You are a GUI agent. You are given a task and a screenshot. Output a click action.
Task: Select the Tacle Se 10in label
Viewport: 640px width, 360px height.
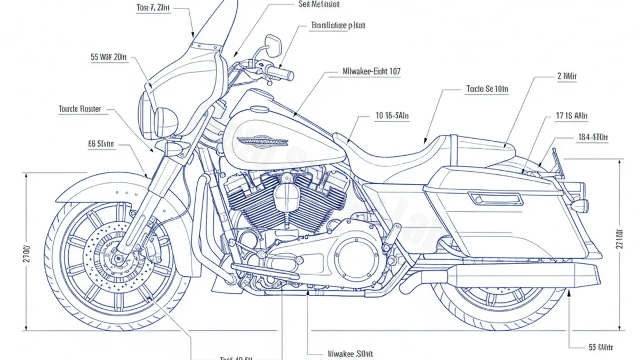[487, 90]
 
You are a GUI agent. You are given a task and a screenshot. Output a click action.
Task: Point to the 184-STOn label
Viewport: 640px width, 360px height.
[593, 138]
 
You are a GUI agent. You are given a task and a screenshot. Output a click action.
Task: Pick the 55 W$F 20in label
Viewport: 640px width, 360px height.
[109, 57]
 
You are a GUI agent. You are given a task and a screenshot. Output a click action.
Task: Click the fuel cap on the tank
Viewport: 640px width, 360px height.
[260, 109]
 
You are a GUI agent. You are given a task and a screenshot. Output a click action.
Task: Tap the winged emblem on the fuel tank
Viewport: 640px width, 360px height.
[263, 141]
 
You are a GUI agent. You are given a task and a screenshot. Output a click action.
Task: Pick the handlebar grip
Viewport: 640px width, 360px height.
[282, 73]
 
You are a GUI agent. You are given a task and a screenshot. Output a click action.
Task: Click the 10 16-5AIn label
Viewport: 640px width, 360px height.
[391, 115]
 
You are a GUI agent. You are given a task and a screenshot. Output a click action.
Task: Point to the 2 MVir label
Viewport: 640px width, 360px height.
[566, 76]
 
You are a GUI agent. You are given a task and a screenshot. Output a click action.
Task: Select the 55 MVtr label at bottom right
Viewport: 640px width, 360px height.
[601, 348]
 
